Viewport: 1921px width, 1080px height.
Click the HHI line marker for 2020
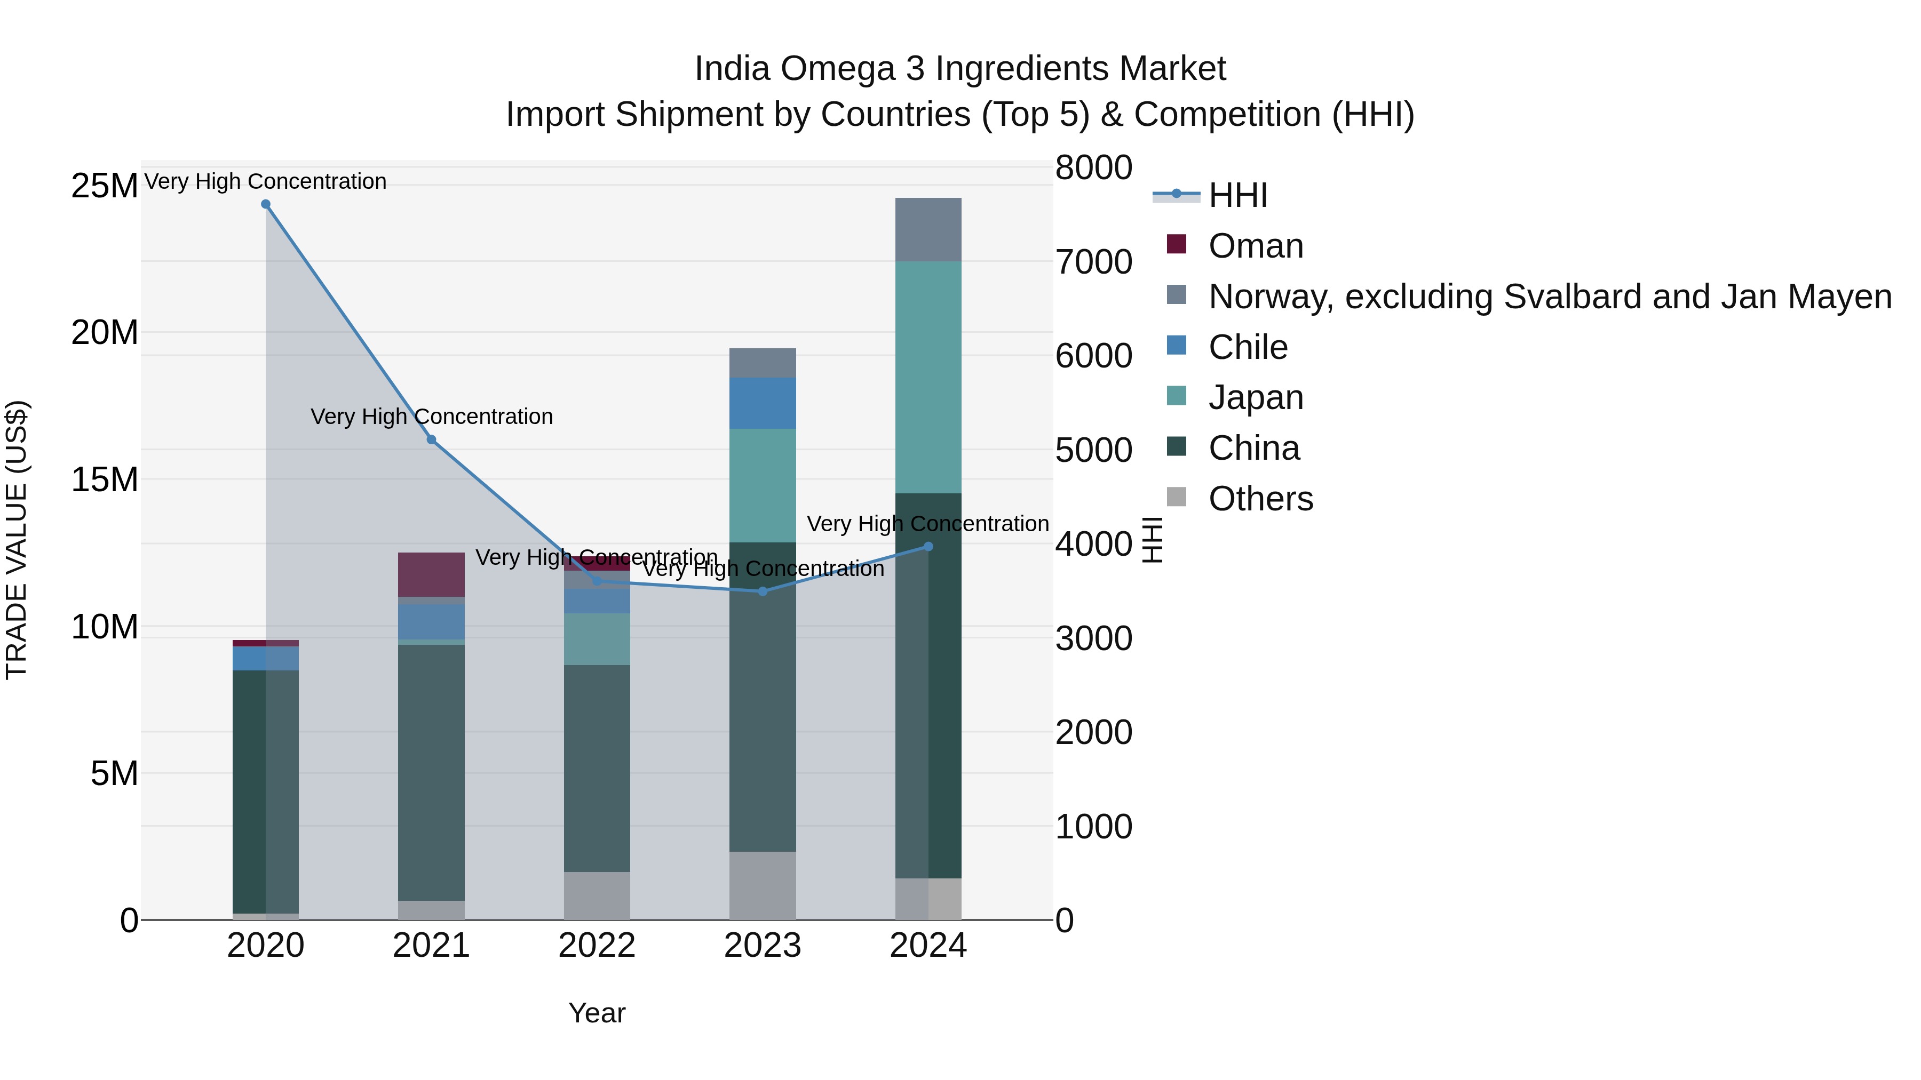(266, 204)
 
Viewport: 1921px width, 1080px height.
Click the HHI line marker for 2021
(431, 440)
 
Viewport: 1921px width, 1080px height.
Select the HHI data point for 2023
(762, 591)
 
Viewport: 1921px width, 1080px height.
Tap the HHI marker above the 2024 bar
(928, 546)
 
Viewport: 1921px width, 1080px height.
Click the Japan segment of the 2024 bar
(928, 377)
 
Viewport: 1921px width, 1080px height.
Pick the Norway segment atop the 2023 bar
(762, 363)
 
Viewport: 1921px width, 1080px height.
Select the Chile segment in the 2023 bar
(762, 403)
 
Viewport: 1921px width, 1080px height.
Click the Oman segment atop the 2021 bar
(431, 574)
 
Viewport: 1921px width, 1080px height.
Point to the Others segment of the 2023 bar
(762, 885)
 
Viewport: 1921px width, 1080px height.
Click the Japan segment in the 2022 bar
(597, 639)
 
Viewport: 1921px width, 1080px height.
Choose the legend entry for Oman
(1256, 246)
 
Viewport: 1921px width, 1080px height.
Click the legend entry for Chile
(1248, 347)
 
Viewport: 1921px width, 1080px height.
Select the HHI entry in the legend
(1238, 195)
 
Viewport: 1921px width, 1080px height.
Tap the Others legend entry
(1260, 499)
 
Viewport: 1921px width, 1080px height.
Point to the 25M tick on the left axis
(105, 186)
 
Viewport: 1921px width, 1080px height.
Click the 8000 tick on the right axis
(1093, 167)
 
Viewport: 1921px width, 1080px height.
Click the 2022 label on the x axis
(597, 946)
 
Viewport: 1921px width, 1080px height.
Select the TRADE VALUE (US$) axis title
(17, 540)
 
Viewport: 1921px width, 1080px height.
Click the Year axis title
(597, 1013)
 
